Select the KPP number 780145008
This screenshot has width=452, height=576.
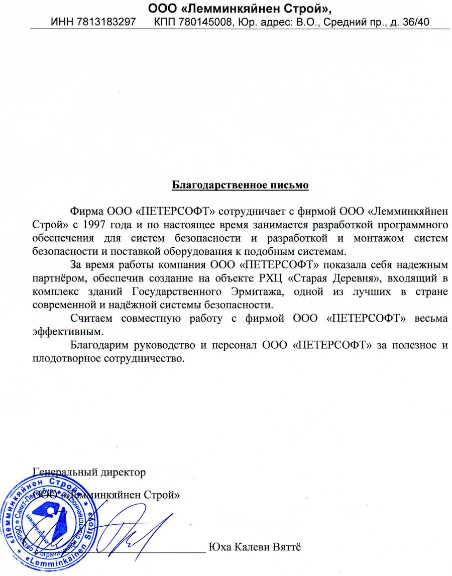pyautogui.click(x=204, y=22)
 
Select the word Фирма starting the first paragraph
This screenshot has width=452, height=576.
pyautogui.click(x=87, y=210)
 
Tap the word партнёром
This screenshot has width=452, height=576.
pyautogui.click(x=58, y=277)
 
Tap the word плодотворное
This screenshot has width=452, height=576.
pyautogui.click(x=66, y=359)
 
